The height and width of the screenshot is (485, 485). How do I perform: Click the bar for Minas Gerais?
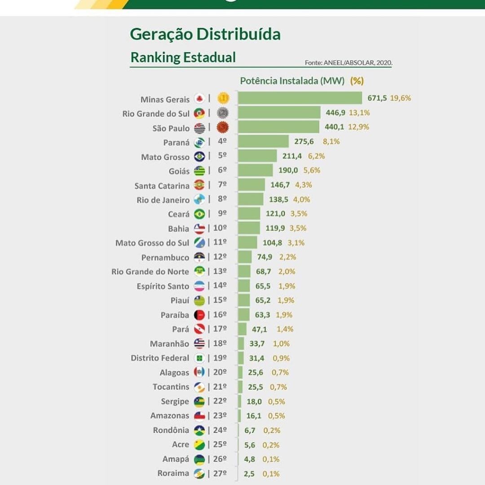click(300, 98)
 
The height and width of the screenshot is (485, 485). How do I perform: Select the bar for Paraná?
click(263, 141)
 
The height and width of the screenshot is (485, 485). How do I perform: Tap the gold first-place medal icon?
click(223, 98)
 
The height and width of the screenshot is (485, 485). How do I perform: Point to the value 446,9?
click(335, 112)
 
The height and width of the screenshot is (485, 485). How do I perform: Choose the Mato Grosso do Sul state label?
click(152, 243)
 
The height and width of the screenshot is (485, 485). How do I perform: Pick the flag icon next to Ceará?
click(199, 214)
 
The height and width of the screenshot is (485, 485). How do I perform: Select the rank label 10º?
click(220, 228)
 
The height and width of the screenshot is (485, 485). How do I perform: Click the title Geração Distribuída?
click(205, 35)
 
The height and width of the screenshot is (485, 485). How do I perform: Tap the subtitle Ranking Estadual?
click(183, 57)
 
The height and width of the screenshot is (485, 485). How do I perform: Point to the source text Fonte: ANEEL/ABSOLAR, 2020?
click(348, 63)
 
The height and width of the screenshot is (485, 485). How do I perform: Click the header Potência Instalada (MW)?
click(292, 81)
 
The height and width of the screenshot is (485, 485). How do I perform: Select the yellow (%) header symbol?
click(357, 81)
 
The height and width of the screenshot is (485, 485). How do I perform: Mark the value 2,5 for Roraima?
click(249, 474)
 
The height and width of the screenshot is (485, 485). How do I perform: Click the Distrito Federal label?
click(160, 358)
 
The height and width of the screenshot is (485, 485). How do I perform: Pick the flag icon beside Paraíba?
click(199, 315)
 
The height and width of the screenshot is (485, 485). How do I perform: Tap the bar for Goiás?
click(255, 170)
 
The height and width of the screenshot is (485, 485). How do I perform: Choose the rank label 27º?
click(220, 473)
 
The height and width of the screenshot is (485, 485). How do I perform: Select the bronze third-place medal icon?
click(223, 128)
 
